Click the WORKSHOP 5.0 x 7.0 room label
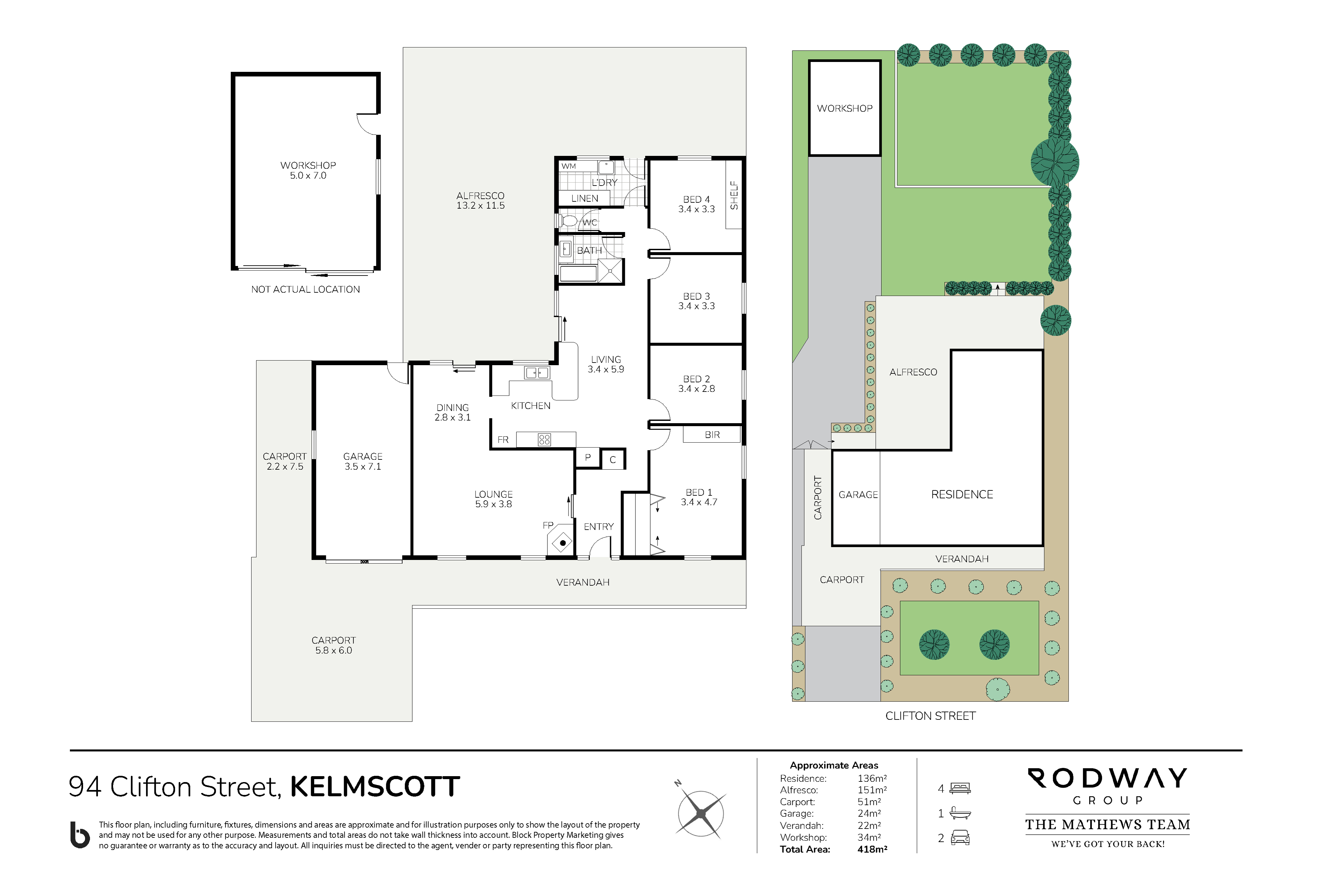[x=308, y=170]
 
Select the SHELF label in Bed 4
[x=734, y=195]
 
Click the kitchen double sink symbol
[x=537, y=372]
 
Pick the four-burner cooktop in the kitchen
[x=544, y=440]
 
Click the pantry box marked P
[x=588, y=457]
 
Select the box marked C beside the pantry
[x=613, y=459]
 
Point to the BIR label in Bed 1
[x=712, y=435]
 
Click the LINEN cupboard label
[x=585, y=198]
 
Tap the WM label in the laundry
[x=568, y=166]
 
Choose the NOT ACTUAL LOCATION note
[x=306, y=289]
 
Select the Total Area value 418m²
[x=872, y=849]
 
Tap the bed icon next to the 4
[x=960, y=789]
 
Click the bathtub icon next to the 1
[x=960, y=813]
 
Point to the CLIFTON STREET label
[x=930, y=716]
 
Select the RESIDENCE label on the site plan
[x=962, y=494]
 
